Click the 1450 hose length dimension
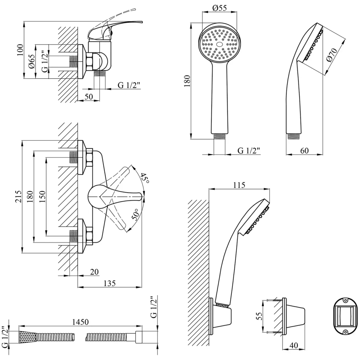pos(80,321)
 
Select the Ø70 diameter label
pos(332,55)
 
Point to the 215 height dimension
pos(18,197)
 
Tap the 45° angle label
pos(144,178)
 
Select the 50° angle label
pos(136,214)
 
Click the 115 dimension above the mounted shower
pos(239,185)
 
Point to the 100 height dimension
pos(20,50)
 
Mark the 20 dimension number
pos(94,272)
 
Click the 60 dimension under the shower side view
pos(304,150)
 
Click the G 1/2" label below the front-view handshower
pos(249,150)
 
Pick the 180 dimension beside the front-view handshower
pos(187,81)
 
